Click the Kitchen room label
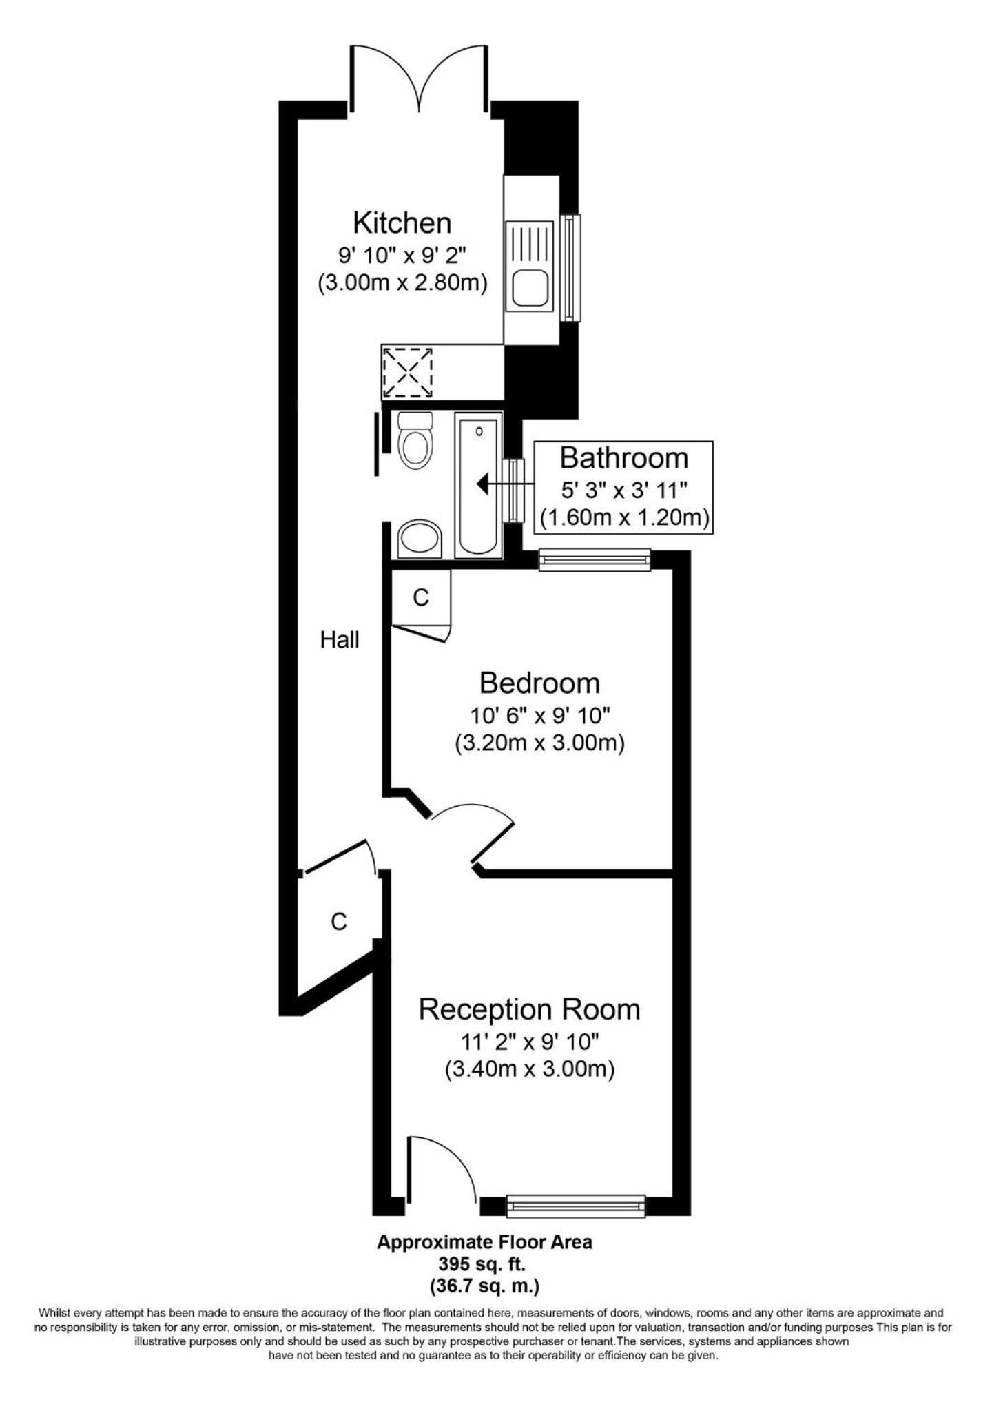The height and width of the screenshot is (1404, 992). pyautogui.click(x=402, y=223)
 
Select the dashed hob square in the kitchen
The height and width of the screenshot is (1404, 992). pyautogui.click(x=407, y=372)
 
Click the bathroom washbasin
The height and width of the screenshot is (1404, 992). pyautogui.click(x=420, y=537)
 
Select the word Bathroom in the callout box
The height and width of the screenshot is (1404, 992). pyautogui.click(x=623, y=458)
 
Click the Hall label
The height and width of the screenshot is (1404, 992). pyautogui.click(x=340, y=640)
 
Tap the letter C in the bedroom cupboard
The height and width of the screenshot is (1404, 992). pyautogui.click(x=421, y=597)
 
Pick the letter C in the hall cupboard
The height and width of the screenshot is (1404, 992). pyautogui.click(x=338, y=922)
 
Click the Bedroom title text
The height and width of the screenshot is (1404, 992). pyautogui.click(x=539, y=683)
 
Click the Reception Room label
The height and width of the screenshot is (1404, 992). pyautogui.click(x=529, y=1009)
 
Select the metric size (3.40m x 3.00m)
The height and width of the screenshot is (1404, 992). pyautogui.click(x=529, y=1069)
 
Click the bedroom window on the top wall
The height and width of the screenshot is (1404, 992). pyautogui.click(x=595, y=559)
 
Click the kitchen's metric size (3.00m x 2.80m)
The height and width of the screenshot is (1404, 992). pyautogui.click(x=402, y=283)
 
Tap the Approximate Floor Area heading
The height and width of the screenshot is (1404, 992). pyautogui.click(x=484, y=1242)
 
